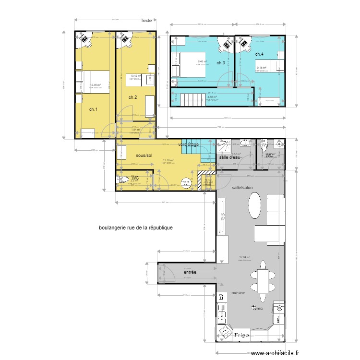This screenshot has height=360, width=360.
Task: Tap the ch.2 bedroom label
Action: tap(133, 97)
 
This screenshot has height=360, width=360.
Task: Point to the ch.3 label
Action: tap(221, 63)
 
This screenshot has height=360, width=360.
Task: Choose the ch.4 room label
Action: tap(259, 54)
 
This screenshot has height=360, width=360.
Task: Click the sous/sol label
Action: tap(144, 156)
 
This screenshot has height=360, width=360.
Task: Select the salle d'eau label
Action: tap(229, 157)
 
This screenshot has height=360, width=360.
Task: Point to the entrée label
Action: tap(191, 272)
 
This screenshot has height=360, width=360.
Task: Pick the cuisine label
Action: tap(239, 292)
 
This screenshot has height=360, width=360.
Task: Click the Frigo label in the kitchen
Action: tap(241, 336)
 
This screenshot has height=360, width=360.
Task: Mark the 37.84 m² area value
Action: tap(245, 257)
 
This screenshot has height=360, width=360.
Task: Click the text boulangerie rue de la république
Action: tap(135, 228)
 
